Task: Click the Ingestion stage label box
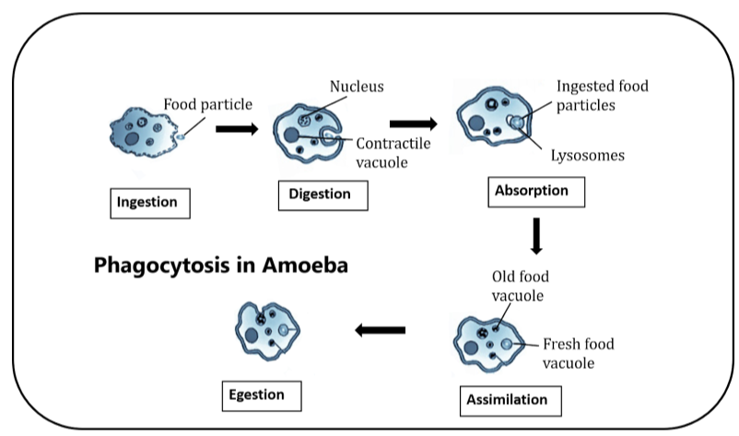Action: pos(150,203)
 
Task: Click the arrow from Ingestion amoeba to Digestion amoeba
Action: pos(237,128)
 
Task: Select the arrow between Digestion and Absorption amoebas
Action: pos(412,123)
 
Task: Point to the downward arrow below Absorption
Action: pos(537,235)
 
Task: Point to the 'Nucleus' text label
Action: pos(357,87)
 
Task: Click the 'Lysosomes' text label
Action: pos(587,156)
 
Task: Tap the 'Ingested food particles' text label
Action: pos(602,96)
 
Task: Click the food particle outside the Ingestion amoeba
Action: pos(181,137)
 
